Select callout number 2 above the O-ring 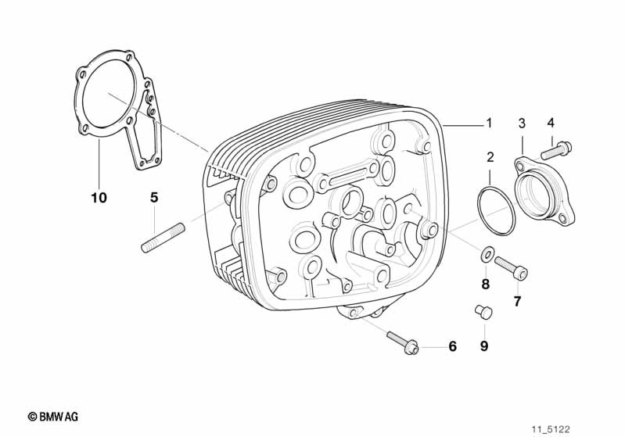tap(490, 157)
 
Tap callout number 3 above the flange tap(522, 123)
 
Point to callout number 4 tap(551, 123)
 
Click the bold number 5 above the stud tap(154, 197)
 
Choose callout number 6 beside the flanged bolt tap(452, 346)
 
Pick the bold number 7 tap(517, 302)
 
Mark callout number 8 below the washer tap(485, 284)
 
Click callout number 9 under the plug tap(484, 346)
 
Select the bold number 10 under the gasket tap(99, 197)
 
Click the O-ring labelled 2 tap(496, 210)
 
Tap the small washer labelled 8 tap(487, 255)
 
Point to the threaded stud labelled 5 tap(163, 238)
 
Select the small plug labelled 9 tap(484, 311)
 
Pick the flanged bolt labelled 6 tap(403, 342)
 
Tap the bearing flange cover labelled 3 tap(544, 192)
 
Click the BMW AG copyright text tap(53, 417)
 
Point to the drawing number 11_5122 tap(551, 429)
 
